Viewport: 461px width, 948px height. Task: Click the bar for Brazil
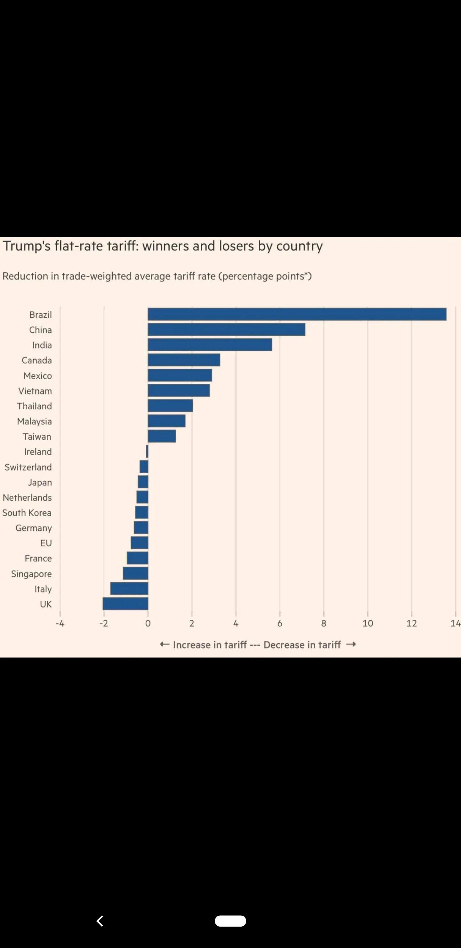pyautogui.click(x=297, y=314)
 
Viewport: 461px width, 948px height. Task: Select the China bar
pyautogui.click(x=226, y=329)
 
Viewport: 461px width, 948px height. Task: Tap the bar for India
pyautogui.click(x=210, y=345)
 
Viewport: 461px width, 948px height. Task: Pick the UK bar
pyautogui.click(x=125, y=604)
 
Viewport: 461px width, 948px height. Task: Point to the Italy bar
pyautogui.click(x=129, y=588)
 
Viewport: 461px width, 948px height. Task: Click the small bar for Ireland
pyautogui.click(x=147, y=451)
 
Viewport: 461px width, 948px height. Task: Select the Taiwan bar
pyautogui.click(x=162, y=436)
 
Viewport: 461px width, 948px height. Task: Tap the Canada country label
pyautogui.click(x=37, y=360)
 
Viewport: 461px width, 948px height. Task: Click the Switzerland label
pyautogui.click(x=28, y=467)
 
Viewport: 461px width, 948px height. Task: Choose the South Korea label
pyautogui.click(x=27, y=513)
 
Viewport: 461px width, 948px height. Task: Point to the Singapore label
pyautogui.click(x=31, y=574)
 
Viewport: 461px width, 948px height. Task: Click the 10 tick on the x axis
pyautogui.click(x=368, y=624)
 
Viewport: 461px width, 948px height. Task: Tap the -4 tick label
pyautogui.click(x=60, y=624)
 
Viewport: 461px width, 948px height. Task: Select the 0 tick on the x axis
pyautogui.click(x=148, y=624)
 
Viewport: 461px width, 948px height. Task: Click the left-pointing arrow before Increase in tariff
pyautogui.click(x=165, y=644)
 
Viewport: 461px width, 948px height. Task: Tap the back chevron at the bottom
pyautogui.click(x=100, y=921)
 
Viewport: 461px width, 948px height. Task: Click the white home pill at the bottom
pyautogui.click(x=230, y=921)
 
